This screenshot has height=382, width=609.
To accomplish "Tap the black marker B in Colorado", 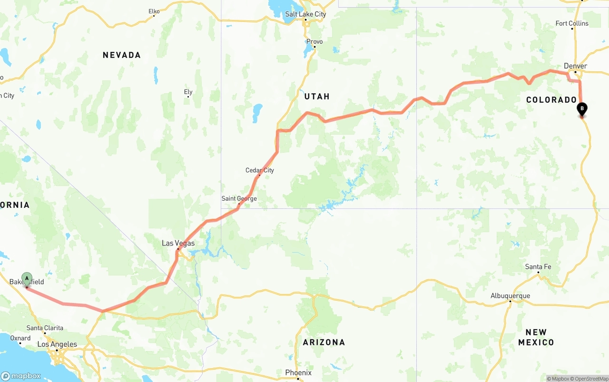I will pyautogui.click(x=581, y=109).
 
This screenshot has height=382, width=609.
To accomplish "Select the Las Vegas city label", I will pyautogui.click(x=178, y=243).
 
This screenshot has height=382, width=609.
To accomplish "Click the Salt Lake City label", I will pyautogui.click(x=305, y=14).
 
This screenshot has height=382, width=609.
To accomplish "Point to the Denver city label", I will pyautogui.click(x=575, y=66).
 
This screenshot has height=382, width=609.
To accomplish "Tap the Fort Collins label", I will pyautogui.click(x=572, y=23).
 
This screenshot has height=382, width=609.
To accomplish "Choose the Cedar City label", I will pyautogui.click(x=260, y=170).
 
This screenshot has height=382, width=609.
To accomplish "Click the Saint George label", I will pyautogui.click(x=239, y=199).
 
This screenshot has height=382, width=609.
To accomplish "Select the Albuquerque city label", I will pyautogui.click(x=510, y=296).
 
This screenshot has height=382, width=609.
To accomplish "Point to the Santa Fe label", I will pyautogui.click(x=538, y=267).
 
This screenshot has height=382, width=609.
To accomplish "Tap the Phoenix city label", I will pyautogui.click(x=298, y=372).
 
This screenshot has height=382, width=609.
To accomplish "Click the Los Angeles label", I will pyautogui.click(x=57, y=344).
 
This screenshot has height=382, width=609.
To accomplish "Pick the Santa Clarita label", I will pyautogui.click(x=45, y=328).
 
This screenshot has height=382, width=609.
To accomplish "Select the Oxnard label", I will pyautogui.click(x=20, y=338).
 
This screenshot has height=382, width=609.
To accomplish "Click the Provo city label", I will pyautogui.click(x=314, y=42).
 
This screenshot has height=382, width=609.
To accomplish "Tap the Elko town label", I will pyautogui.click(x=154, y=11).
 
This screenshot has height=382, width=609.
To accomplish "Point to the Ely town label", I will pyautogui.click(x=188, y=92).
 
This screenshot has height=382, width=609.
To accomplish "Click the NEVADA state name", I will pyautogui.click(x=122, y=55).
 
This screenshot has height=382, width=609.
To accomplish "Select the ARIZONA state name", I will pyautogui.click(x=324, y=342).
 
